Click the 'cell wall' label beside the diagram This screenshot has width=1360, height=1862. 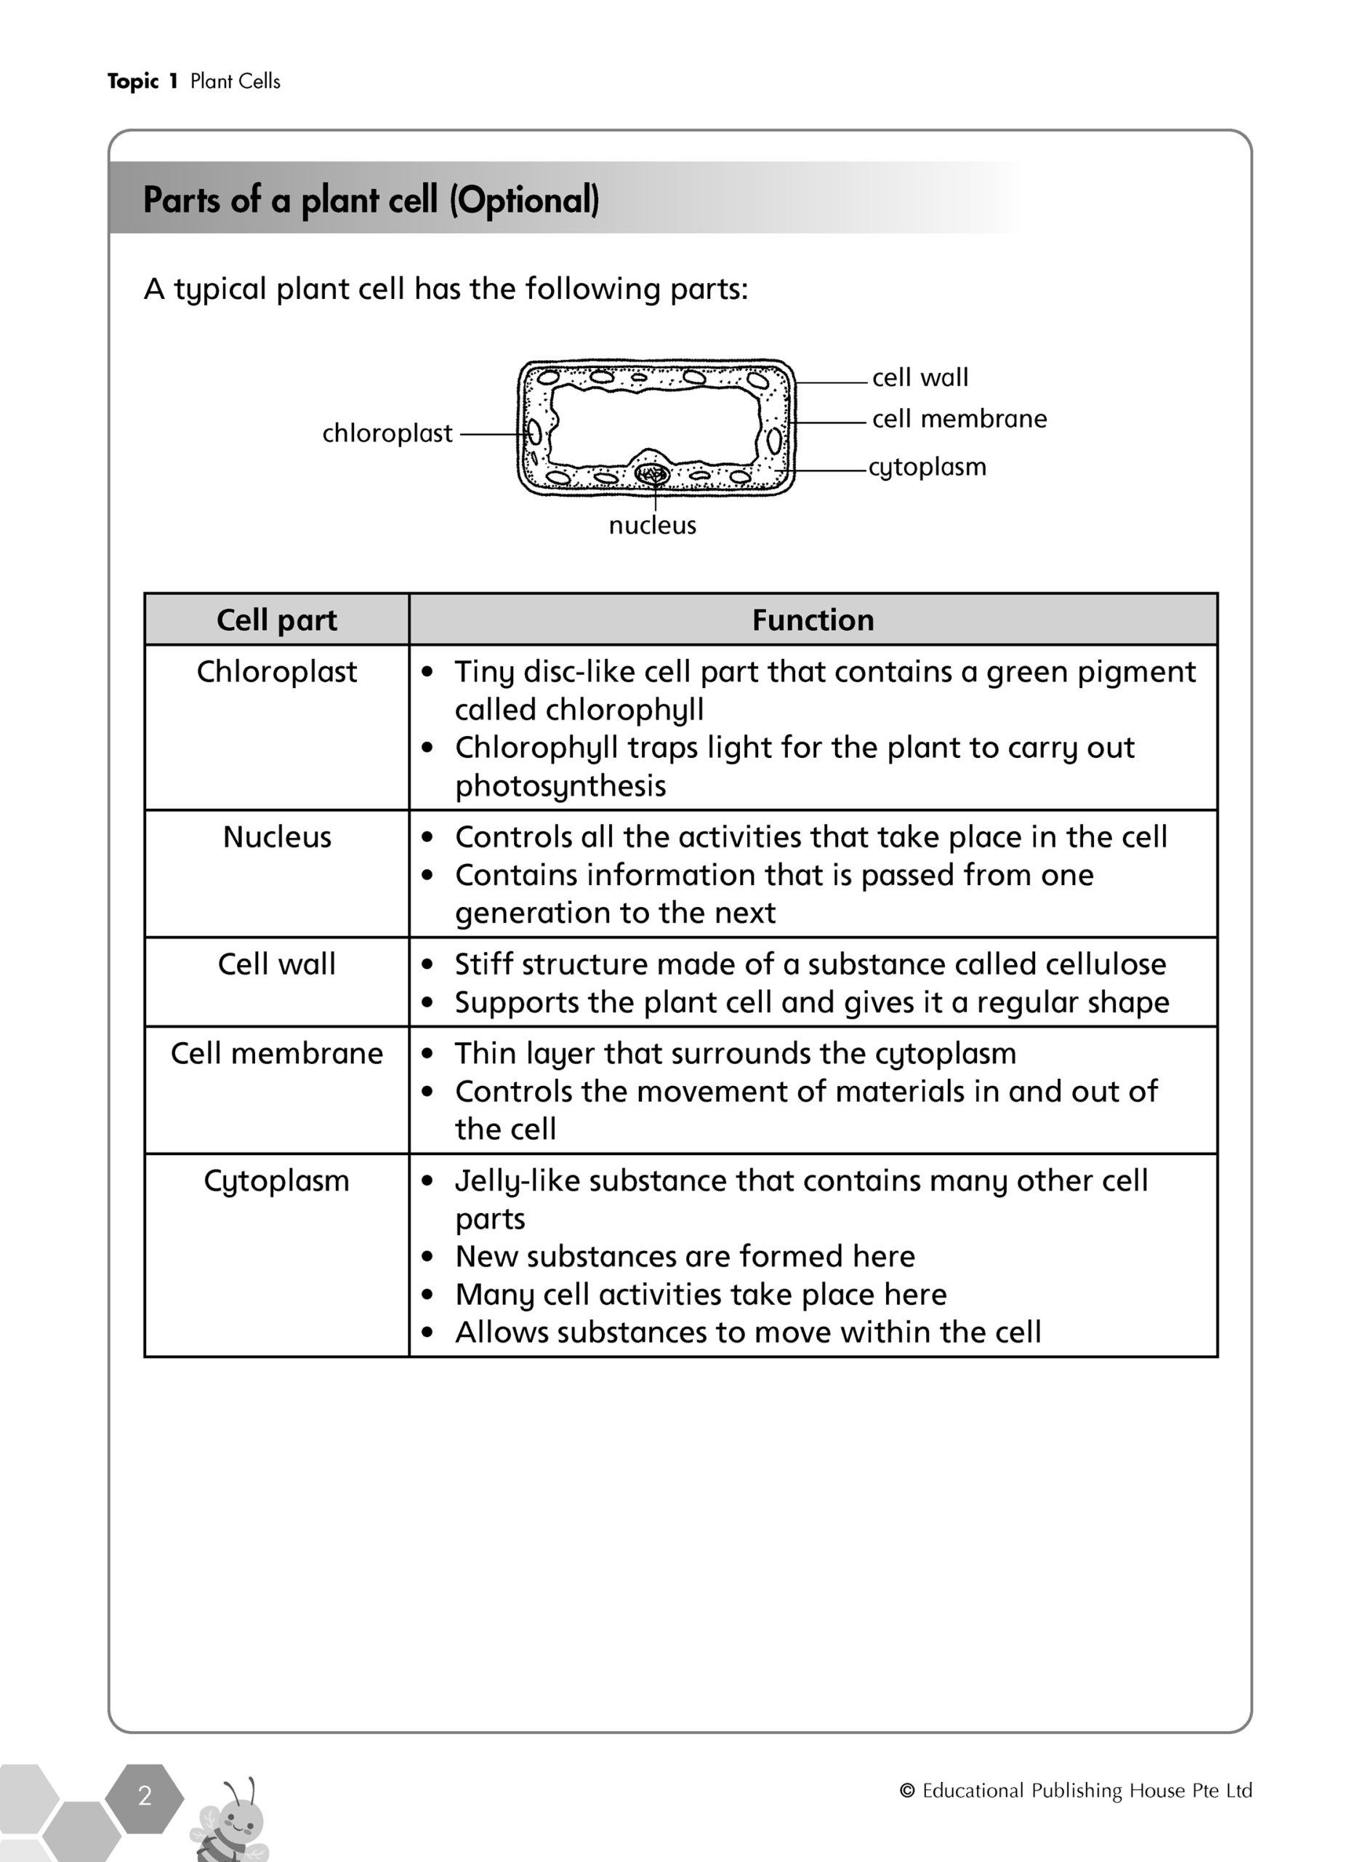coord(920,378)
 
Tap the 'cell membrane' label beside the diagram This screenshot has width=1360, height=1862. coord(959,419)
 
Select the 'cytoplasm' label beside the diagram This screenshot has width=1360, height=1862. coord(927,467)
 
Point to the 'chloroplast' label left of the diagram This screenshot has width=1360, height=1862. coord(387,433)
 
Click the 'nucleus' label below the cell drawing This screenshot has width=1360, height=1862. coord(652,525)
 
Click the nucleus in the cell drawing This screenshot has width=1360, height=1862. coord(652,474)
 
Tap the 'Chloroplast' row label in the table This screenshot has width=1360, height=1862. coord(277,672)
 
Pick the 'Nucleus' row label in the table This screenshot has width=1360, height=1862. coord(277,837)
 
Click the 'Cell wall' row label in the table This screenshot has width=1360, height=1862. coord(277,964)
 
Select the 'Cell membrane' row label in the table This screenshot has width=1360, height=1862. coord(277,1053)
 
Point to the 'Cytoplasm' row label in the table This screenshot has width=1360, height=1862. coord(277,1181)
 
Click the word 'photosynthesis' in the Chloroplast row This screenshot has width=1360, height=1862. coord(560,786)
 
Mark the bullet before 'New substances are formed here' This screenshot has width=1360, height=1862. coord(427,1258)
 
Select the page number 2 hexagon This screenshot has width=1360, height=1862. coord(145,1796)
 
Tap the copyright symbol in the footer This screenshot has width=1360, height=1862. coord(908,1790)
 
